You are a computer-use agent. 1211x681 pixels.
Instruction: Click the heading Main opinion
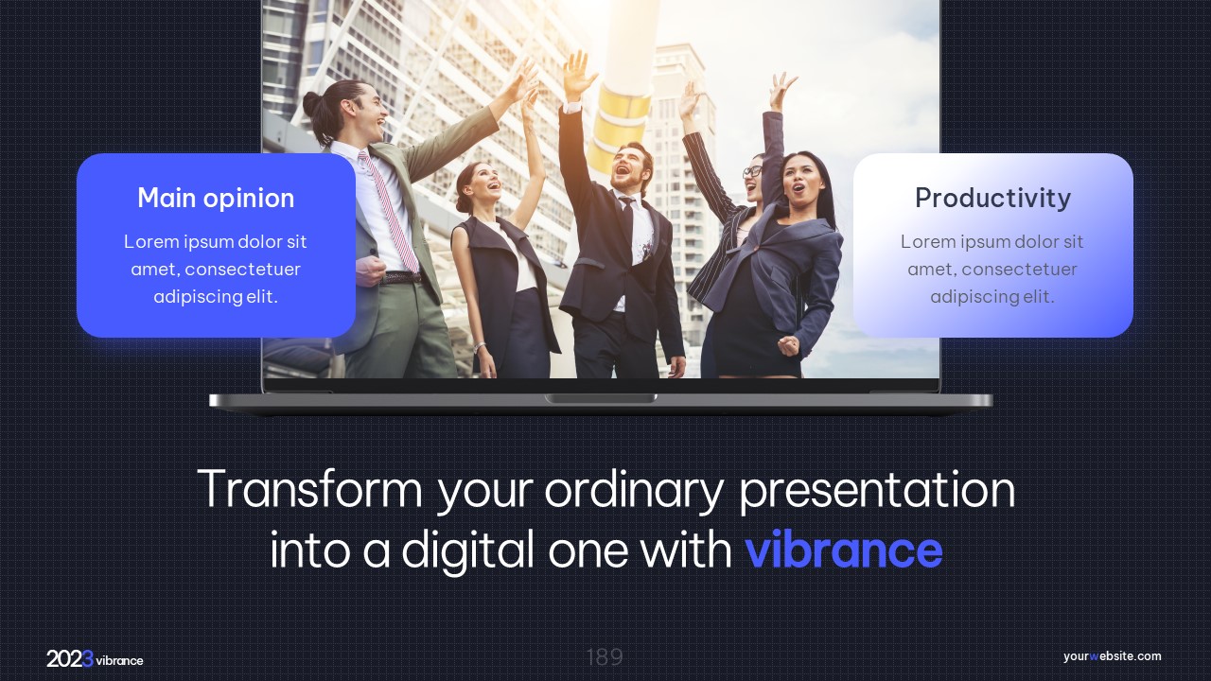click(x=216, y=198)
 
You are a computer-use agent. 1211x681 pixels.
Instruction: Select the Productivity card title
click(x=992, y=198)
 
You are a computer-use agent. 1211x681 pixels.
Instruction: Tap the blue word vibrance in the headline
click(x=844, y=550)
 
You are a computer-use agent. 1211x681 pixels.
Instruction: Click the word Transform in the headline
click(x=309, y=489)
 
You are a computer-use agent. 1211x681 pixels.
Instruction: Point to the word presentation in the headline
click(x=877, y=491)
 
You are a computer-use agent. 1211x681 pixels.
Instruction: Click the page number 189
click(x=605, y=657)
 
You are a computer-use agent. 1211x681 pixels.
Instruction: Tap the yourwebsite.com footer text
click(x=1112, y=656)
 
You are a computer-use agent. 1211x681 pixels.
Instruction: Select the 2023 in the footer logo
click(x=70, y=659)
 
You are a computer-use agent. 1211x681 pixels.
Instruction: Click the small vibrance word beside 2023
click(x=119, y=660)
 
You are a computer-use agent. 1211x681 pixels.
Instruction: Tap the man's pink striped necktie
click(x=389, y=211)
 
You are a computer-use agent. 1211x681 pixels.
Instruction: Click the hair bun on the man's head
click(x=311, y=103)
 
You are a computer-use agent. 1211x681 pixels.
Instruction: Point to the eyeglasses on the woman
click(x=752, y=171)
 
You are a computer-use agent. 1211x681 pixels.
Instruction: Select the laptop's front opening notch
click(x=601, y=399)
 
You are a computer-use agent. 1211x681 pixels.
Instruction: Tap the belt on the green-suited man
click(x=400, y=278)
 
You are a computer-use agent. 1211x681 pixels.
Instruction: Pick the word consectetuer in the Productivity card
click(x=1020, y=270)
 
